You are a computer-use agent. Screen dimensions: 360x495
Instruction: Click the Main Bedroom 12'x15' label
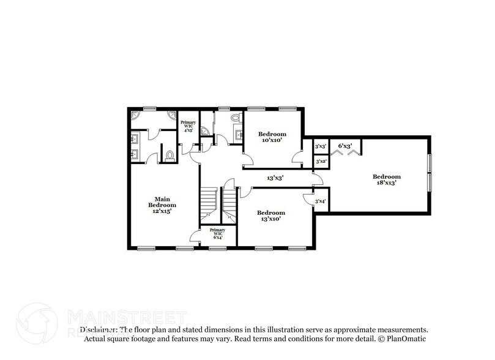point(162,204)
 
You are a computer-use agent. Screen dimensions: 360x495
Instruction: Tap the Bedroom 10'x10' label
point(272,137)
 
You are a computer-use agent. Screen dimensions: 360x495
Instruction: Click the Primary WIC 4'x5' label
point(188,126)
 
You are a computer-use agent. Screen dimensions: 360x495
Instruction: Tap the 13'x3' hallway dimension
point(274,178)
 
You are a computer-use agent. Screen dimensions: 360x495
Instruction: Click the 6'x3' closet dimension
point(344,146)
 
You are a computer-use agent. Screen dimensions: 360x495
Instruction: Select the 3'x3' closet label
point(320,147)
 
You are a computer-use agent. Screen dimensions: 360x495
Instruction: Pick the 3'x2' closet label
point(320,162)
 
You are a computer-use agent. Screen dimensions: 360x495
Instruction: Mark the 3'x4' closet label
point(320,201)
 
